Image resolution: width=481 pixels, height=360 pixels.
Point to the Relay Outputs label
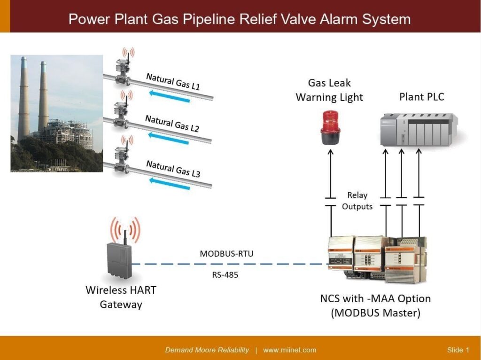[x=357, y=201]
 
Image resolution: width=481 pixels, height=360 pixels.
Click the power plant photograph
[x=56, y=113]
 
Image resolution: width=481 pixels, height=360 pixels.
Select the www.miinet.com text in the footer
[x=289, y=350]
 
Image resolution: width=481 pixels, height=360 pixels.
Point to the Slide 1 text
[x=458, y=350]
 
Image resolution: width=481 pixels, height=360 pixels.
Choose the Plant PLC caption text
[x=421, y=97]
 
